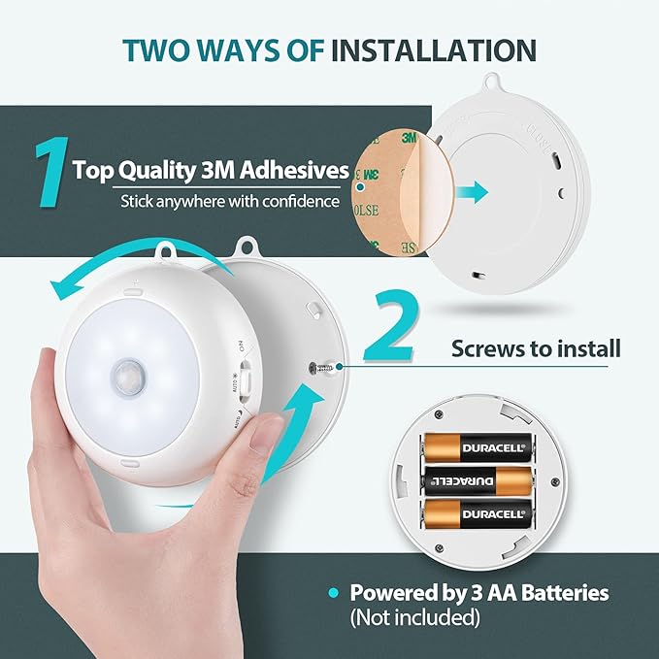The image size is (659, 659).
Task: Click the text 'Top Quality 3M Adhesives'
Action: [x=211, y=171]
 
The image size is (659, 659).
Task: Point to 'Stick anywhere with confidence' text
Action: [x=230, y=202]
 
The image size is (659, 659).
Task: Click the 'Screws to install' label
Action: [x=536, y=347]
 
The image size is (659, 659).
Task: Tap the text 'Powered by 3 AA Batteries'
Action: [x=479, y=592]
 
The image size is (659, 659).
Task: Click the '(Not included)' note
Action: [x=414, y=616]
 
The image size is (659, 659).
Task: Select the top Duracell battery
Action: [x=477, y=447]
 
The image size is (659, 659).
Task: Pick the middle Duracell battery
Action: [x=477, y=479]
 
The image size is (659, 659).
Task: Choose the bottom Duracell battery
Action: [x=477, y=511]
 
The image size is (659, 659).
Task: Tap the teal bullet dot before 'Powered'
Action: [x=334, y=592]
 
